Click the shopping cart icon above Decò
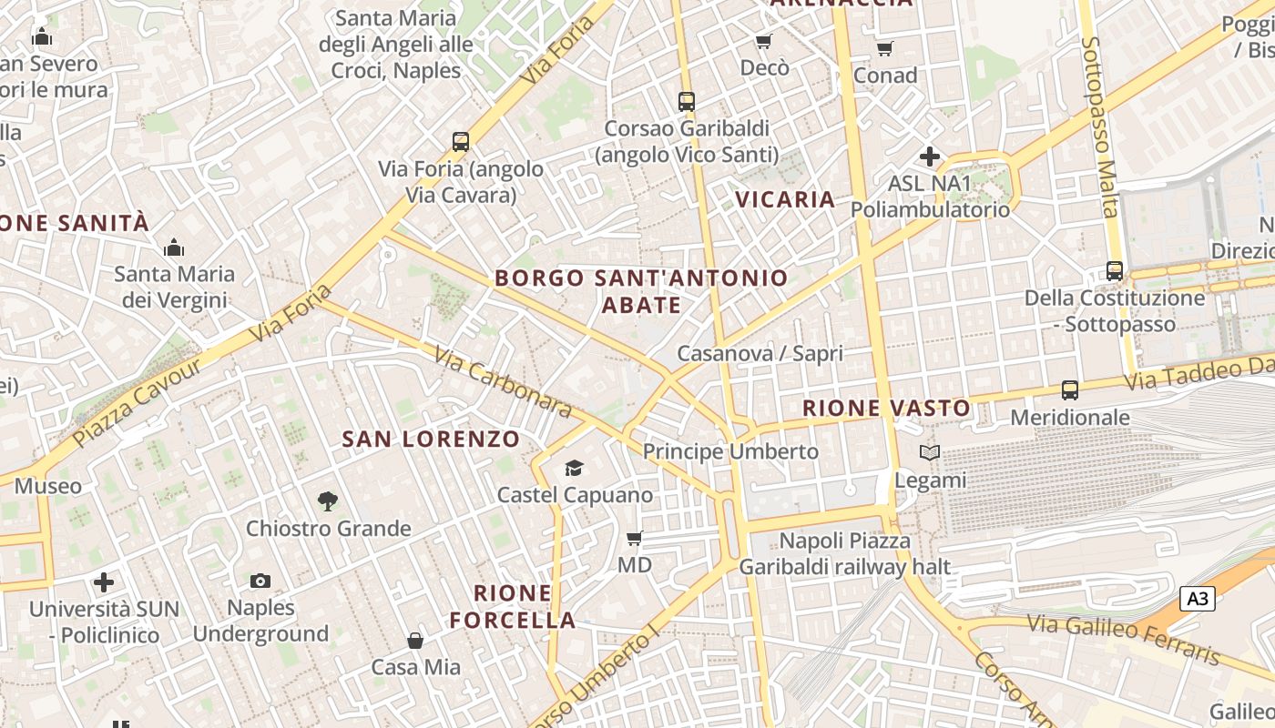coord(763,41)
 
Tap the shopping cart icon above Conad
coord(884,48)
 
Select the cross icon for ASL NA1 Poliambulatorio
coord(929,157)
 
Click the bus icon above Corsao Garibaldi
coord(687,102)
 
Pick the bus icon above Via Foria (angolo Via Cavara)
coord(461,142)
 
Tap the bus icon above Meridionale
coord(1070,390)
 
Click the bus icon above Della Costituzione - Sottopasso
coord(1114,270)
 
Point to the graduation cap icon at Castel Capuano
coord(574,468)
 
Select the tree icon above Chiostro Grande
coord(327,500)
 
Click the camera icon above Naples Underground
coord(260,581)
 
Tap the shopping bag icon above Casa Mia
coord(415,641)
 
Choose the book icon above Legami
coord(929,452)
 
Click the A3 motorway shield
coord(1198,599)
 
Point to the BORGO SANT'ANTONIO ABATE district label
coord(641,291)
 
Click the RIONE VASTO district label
coord(886,409)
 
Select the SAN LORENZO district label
coord(431,440)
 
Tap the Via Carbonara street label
coord(503,381)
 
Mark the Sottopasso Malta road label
coord(1099,127)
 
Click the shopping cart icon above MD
coord(635,538)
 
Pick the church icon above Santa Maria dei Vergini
coord(173,248)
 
